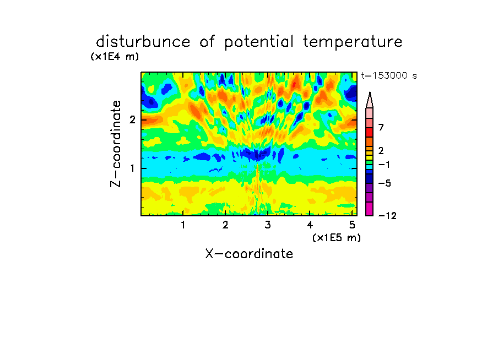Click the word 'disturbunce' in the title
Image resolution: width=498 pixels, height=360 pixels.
[x=143, y=42]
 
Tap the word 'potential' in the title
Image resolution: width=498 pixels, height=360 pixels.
[x=259, y=42]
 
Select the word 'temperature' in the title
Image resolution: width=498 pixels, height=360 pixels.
[x=353, y=42]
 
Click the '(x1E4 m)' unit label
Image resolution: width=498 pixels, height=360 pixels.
[x=115, y=57]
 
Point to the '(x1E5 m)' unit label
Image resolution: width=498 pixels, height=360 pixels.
[x=337, y=237]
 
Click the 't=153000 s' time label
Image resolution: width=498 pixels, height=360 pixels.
[x=389, y=75]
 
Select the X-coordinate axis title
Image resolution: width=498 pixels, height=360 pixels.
[x=249, y=254]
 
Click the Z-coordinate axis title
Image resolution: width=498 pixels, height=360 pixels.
[x=116, y=144]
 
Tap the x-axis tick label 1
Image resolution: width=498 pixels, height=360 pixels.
[x=183, y=225]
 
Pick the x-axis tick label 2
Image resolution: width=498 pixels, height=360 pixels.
[x=225, y=225]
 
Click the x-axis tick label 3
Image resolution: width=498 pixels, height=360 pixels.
[x=268, y=225]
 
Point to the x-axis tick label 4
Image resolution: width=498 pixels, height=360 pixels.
[x=310, y=225]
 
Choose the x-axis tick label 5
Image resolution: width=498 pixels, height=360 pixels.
[x=352, y=225]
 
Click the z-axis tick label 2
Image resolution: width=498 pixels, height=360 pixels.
[x=132, y=119]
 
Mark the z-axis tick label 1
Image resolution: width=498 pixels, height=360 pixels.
[x=132, y=168]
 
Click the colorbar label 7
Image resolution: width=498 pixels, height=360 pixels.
[x=381, y=127]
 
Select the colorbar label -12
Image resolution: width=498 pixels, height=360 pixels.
[x=387, y=216]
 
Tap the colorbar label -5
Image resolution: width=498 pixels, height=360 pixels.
[x=385, y=183]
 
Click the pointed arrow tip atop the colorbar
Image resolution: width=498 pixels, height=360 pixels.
[x=370, y=92]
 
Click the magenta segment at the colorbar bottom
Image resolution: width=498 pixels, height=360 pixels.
[x=370, y=209]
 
